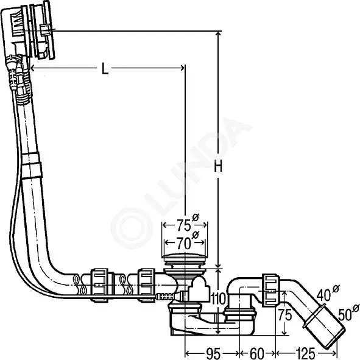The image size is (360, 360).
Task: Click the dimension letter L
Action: coord(105,69)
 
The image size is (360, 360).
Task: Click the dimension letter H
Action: coord(218,166)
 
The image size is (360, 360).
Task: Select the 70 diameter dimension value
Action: coord(184,243)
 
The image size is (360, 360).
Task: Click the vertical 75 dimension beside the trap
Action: coord(285,315)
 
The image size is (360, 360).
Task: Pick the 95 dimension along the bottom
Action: coord(213,353)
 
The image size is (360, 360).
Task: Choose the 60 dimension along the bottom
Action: coord(256,353)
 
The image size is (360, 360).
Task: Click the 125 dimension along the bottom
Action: coord(305,353)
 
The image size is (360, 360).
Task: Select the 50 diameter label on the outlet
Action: coord(345,314)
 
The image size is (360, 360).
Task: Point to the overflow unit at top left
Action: coord(28,31)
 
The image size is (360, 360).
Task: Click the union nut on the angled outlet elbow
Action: coord(271,290)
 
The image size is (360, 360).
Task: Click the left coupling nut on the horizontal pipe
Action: coord(99,285)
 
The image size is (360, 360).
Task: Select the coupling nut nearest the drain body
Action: coord(146,285)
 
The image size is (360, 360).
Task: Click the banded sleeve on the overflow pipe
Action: coord(32,165)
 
